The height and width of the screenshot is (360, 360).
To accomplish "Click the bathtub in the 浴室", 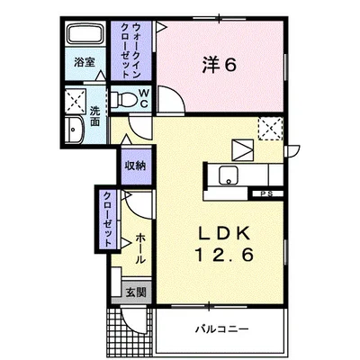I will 85,37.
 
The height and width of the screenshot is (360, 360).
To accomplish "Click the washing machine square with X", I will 75,99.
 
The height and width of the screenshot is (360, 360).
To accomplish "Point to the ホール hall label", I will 140,247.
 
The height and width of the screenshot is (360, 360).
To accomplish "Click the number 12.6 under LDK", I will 222,256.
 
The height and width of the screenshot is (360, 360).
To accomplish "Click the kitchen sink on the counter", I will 226,175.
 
